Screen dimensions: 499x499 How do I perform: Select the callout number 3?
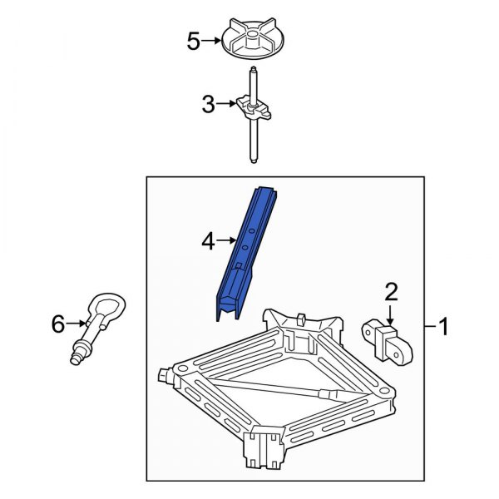coord(209,105)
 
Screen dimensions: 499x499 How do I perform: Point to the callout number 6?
coord(57,324)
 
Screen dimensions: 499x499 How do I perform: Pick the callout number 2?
coord(391,291)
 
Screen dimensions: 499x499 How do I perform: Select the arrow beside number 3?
coord(228,105)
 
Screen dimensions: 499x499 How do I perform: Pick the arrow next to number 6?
coord(77,324)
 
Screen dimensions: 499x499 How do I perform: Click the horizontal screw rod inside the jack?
coord(274,388)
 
